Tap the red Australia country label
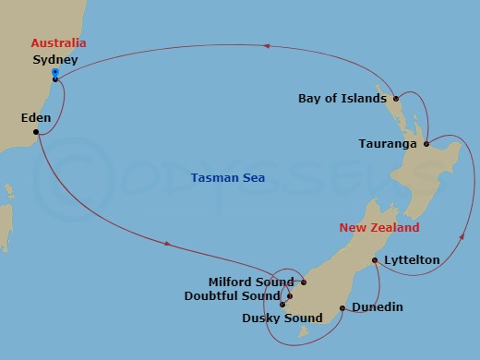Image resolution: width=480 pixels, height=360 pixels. [x=58, y=43]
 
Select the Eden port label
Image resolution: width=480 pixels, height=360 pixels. [x=36, y=118]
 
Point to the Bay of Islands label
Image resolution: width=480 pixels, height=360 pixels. [x=343, y=98]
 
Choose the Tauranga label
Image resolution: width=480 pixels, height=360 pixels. [x=390, y=144]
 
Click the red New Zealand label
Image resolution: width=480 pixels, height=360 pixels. [x=378, y=227]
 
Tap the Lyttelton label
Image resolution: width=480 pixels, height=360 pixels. [x=412, y=261]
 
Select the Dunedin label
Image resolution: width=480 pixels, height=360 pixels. [x=378, y=308]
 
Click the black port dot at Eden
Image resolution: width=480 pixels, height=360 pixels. [x=36, y=132]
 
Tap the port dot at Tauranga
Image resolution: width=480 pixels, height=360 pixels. [x=426, y=144]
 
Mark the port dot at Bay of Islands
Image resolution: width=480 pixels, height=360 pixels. [x=395, y=98]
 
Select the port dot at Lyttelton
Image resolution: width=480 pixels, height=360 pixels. [x=374, y=261]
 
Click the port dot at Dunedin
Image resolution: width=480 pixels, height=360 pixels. [x=342, y=308]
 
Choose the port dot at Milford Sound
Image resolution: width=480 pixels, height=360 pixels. [x=304, y=282]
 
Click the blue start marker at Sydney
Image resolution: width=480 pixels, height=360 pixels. [x=55, y=72]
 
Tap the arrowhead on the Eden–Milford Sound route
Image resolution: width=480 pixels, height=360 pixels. [x=167, y=244]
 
